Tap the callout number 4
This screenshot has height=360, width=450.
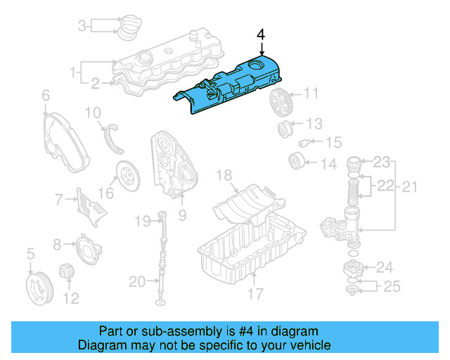[x=261, y=34]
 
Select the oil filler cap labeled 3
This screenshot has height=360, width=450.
[x=127, y=27]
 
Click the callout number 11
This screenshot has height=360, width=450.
[x=311, y=93]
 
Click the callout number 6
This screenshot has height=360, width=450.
[x=46, y=95]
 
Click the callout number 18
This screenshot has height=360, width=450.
[x=224, y=174]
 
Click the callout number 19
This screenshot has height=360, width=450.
[x=143, y=221]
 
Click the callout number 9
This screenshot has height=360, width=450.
[x=182, y=216]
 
